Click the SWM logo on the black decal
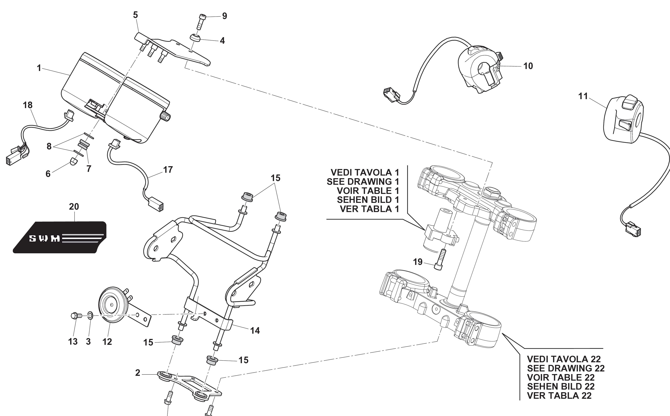tap(45, 238)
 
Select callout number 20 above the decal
tap(74, 207)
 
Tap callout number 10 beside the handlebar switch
tap(528, 66)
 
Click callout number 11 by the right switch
tap(583, 96)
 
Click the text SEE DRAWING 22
tap(566, 368)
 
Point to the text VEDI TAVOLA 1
tap(365, 173)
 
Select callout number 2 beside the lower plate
tap(138, 373)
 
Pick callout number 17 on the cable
tap(168, 170)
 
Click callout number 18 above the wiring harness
tap(28, 105)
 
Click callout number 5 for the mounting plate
tap(135, 15)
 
